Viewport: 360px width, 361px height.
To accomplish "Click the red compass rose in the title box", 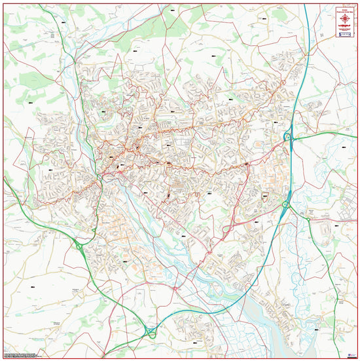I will click(345, 18).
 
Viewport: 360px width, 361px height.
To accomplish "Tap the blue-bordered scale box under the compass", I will click(345, 34).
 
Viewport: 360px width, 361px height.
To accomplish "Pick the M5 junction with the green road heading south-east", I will click(286, 205).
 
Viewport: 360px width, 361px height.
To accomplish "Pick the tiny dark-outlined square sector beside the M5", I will click(265, 196).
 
